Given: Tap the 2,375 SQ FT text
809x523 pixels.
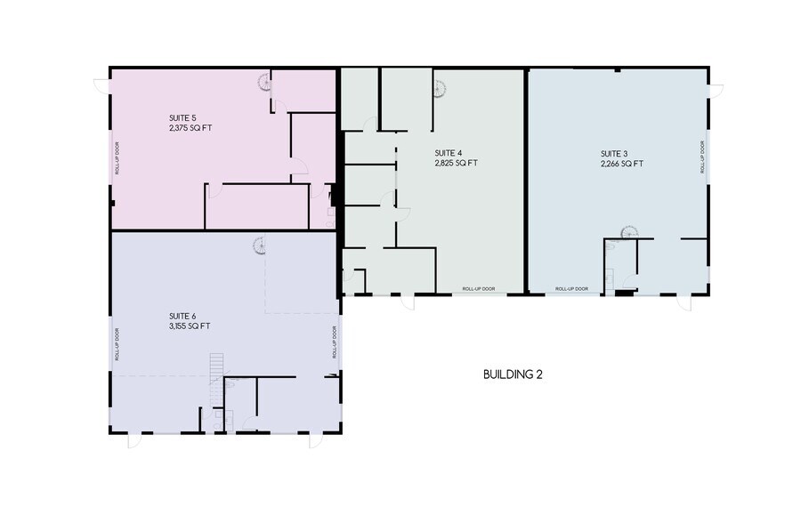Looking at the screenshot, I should pyautogui.click(x=190, y=128).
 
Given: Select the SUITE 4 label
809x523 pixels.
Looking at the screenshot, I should pyautogui.click(x=449, y=152).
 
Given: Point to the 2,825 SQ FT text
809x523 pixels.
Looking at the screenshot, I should pyautogui.click(x=457, y=163).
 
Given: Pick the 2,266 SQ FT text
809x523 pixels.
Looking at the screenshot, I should pyautogui.click(x=621, y=164).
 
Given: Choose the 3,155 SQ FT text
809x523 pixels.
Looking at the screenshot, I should pyautogui.click(x=190, y=326).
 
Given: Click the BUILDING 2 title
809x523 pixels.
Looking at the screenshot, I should pyautogui.click(x=513, y=374).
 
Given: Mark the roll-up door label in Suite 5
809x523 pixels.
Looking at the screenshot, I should pyautogui.click(x=117, y=157).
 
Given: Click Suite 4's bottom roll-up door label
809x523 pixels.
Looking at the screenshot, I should pyautogui.click(x=479, y=289).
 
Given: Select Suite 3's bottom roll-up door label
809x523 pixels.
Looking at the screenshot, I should pyautogui.click(x=571, y=289).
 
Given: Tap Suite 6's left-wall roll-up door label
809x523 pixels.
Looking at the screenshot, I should pyautogui.click(x=117, y=343).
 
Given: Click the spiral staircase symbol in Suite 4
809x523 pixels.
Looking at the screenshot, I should pyautogui.click(x=440, y=89).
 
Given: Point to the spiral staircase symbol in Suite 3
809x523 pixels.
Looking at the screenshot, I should pyautogui.click(x=627, y=233).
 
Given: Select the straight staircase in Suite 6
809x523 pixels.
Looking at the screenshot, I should pyautogui.click(x=214, y=366).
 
